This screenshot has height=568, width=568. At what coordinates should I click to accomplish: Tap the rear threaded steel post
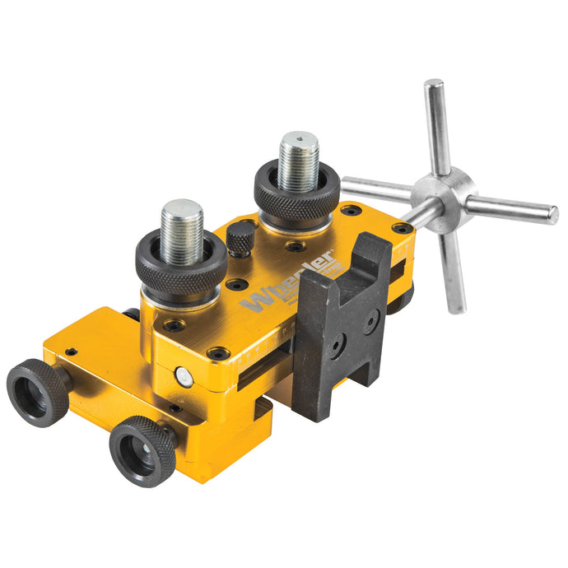298,161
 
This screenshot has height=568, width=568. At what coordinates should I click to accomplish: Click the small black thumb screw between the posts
240,240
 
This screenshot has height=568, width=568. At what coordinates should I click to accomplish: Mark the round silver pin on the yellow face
184,377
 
